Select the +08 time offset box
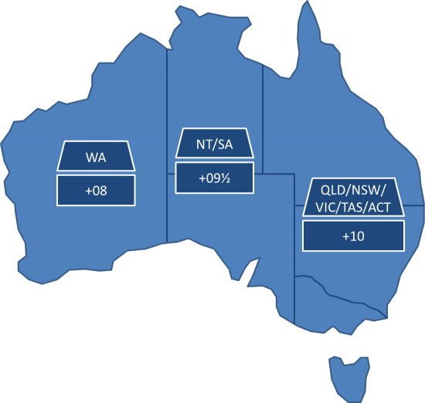click(96, 190)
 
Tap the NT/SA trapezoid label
click(213, 145)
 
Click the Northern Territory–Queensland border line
click(263, 116)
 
